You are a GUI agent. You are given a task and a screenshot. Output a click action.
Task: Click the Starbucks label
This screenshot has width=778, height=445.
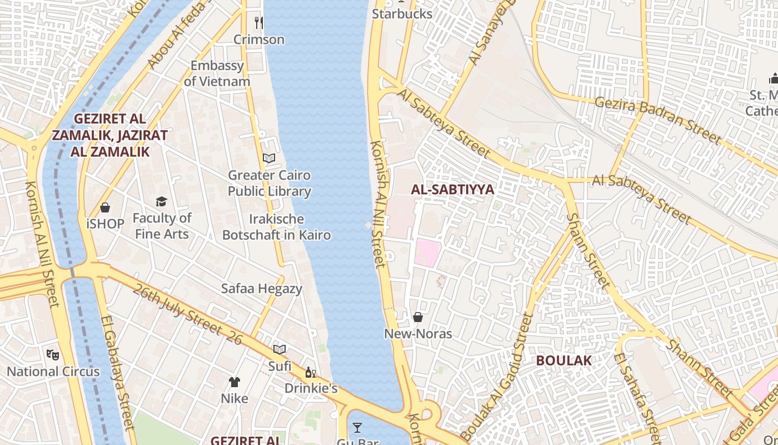click(402, 14)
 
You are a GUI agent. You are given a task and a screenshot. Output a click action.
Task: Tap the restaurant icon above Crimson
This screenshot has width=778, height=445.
click(258, 22)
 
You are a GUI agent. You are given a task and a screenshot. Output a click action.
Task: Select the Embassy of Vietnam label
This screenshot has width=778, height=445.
click(217, 73)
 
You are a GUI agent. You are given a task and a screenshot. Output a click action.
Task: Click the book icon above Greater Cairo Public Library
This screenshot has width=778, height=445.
click(269, 159)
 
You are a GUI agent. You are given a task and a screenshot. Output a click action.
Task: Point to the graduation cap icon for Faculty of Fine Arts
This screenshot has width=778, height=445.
click(161, 201)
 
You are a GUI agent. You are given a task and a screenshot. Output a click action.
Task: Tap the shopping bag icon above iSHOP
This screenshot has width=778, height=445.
click(105, 207)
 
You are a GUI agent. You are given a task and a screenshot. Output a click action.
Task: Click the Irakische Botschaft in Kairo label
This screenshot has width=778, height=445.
click(276, 227)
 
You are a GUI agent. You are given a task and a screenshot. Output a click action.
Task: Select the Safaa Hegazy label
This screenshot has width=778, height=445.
click(262, 289)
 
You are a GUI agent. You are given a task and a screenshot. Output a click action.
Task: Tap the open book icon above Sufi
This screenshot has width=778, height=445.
click(280, 349)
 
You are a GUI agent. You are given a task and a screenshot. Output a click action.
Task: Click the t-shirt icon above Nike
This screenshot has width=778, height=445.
click(235, 382)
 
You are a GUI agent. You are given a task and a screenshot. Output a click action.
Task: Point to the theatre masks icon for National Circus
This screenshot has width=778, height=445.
click(53, 354)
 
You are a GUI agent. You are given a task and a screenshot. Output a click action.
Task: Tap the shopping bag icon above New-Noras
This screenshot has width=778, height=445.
click(418, 317)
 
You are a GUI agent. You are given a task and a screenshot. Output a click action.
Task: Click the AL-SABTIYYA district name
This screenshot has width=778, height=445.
click(452, 190)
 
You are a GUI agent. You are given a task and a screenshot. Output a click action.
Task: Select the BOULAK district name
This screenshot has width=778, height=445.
click(563, 360)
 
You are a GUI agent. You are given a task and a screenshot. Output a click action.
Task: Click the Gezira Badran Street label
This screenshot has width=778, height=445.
click(657, 120)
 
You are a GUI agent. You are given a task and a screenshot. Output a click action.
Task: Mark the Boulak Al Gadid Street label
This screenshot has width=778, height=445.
click(497, 378)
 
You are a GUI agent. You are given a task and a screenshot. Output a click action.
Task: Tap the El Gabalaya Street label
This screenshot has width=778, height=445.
click(118, 373)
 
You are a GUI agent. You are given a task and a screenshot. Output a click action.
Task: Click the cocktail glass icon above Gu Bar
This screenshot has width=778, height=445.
click(357, 427)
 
